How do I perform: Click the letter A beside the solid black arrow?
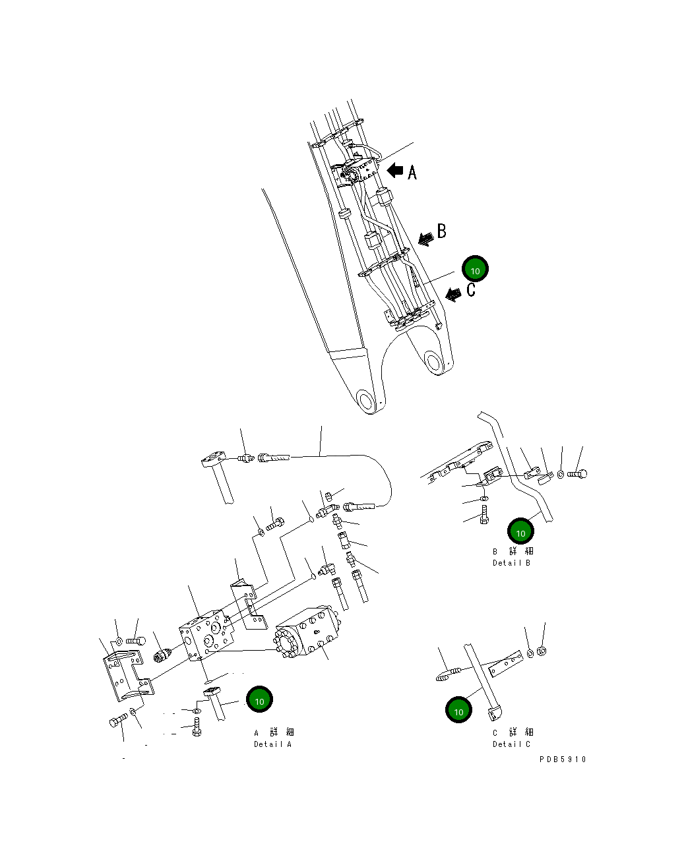(412, 172)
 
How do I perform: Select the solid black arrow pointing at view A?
(395, 171)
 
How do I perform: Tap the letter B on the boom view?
(441, 231)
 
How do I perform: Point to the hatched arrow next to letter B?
(426, 237)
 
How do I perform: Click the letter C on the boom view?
(471, 289)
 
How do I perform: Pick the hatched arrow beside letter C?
(454, 294)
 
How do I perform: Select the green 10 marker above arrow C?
(475, 269)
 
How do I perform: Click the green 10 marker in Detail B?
(520, 531)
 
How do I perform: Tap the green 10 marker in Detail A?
(259, 699)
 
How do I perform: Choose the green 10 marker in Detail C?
(458, 710)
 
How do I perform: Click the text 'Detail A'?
(272, 744)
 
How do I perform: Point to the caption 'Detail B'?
(511, 563)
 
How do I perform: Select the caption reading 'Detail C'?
(511, 744)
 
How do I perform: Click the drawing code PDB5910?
(562, 759)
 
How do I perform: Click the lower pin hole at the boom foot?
(365, 400)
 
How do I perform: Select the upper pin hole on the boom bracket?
(433, 361)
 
